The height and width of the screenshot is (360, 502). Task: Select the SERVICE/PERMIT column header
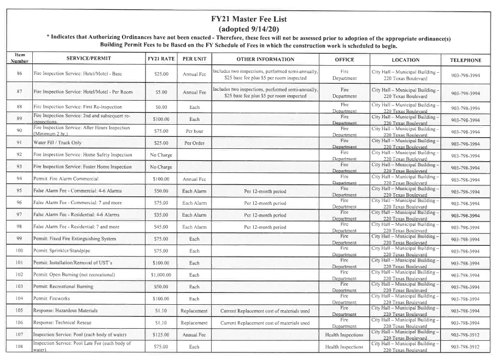click(x=85, y=59)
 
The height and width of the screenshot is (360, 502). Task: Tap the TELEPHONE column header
click(x=465, y=59)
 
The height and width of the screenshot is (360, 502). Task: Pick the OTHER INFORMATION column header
click(x=265, y=59)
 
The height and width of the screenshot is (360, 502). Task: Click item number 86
click(x=19, y=74)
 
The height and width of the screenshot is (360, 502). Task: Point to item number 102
click(x=19, y=275)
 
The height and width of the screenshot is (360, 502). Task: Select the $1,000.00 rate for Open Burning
click(x=161, y=275)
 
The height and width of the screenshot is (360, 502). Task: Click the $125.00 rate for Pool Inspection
click(x=161, y=334)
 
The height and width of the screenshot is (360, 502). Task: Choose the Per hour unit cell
click(x=194, y=131)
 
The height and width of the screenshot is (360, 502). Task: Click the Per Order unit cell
click(x=194, y=143)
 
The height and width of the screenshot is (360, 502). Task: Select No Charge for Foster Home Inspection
click(x=161, y=167)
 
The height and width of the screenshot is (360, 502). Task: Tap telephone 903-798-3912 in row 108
click(x=465, y=346)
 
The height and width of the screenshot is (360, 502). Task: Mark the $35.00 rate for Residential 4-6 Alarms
click(x=161, y=215)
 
